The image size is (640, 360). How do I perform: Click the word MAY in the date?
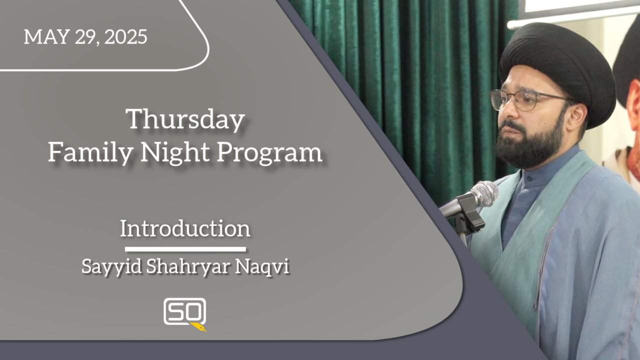coord(47,36)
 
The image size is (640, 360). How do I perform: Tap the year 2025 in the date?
coord(125,36)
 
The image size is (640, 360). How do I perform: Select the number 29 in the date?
coord(87,37)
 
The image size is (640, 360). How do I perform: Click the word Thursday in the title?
coord(185,119)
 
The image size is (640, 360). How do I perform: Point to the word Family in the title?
coord(90,152)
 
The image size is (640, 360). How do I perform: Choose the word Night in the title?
coord(175,152)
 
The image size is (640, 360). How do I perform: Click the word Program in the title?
coord(269,152)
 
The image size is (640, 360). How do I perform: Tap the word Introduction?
coord(185,228)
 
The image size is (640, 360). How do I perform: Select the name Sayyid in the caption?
coord(111,266)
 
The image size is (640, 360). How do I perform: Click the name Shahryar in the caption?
coord(188,266)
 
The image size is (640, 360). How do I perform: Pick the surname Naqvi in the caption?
coord(262,266)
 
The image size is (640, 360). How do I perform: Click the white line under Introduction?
coord(185,249)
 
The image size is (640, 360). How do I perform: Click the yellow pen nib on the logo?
coord(199,327)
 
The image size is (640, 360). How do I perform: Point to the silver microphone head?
coord(485,193)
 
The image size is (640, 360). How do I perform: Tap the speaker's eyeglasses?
coord(528,100)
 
